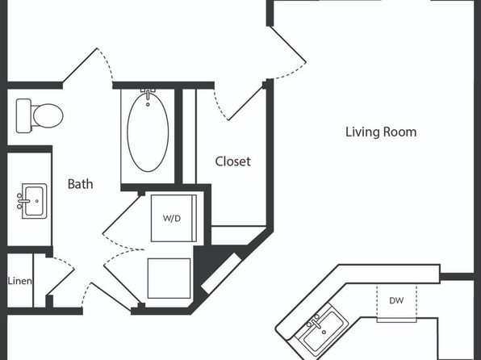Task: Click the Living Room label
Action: click(381, 132)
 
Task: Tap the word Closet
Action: click(232, 161)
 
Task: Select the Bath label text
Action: click(80, 184)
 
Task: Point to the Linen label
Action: click(19, 281)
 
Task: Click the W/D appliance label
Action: click(172, 219)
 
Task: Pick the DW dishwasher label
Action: click(396, 300)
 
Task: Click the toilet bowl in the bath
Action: click(48, 115)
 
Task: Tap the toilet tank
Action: click(23, 115)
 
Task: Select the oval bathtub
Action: click(148, 132)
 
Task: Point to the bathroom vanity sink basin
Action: click(34, 201)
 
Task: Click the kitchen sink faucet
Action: click(315, 322)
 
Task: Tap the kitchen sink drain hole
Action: click(324, 332)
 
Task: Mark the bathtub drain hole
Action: click(148, 105)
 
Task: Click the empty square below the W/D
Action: click(169, 278)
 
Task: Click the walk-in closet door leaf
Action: click(245, 103)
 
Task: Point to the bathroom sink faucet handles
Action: click(20, 201)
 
